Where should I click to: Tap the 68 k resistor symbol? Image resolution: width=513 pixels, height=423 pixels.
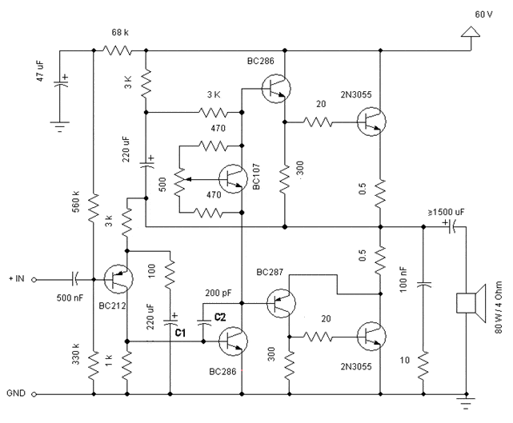(x=118, y=50)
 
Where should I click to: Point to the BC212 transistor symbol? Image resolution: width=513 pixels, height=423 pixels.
(x=118, y=279)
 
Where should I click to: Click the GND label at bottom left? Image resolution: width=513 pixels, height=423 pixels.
(x=18, y=394)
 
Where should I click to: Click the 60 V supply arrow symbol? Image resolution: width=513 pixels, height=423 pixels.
(x=469, y=31)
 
